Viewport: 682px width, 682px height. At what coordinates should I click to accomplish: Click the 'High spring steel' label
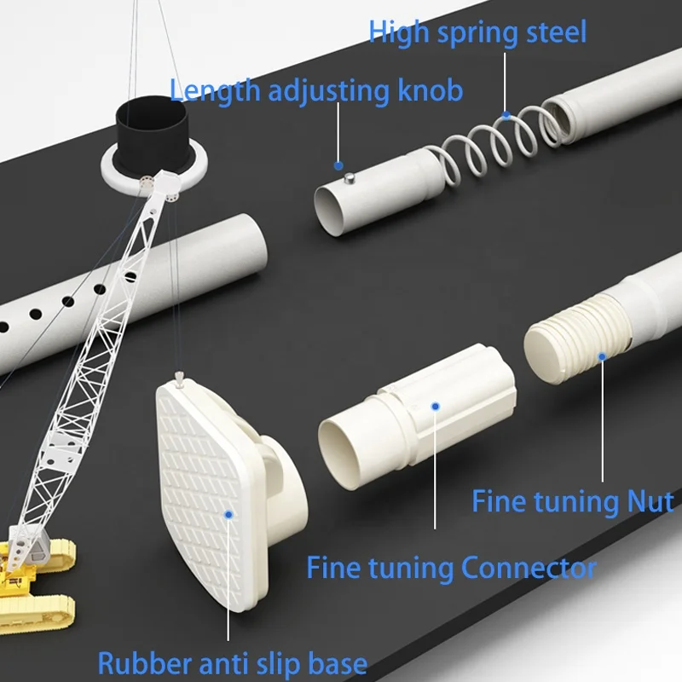click(477, 32)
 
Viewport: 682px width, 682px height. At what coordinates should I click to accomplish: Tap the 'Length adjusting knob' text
click(316, 91)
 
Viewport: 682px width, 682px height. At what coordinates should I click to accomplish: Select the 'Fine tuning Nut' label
click(573, 501)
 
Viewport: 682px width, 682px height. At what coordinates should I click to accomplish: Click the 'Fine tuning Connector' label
click(452, 568)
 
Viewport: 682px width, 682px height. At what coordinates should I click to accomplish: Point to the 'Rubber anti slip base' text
click(233, 663)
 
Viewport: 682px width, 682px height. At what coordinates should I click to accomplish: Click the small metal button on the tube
click(350, 177)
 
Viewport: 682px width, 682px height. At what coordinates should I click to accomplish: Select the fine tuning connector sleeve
click(418, 417)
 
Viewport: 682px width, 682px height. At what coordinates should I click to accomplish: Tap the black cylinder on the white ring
click(152, 135)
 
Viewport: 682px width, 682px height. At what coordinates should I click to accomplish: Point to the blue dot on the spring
click(506, 115)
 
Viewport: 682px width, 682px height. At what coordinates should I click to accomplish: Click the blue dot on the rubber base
click(228, 515)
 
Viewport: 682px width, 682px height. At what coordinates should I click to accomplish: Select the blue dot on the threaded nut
click(602, 356)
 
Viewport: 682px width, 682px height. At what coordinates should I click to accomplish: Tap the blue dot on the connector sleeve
click(436, 407)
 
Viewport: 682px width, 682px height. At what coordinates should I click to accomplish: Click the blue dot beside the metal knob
click(338, 165)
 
